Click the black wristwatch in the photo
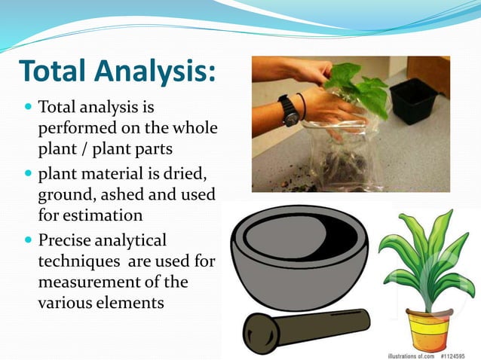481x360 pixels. (289, 111)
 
